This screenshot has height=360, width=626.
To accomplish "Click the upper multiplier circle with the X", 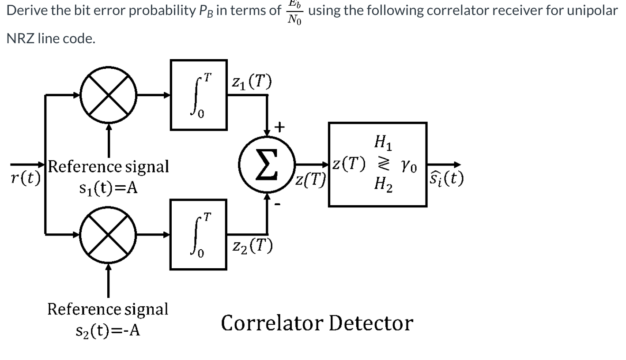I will click(x=109, y=95).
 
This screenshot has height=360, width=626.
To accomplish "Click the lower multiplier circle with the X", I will click(x=109, y=234).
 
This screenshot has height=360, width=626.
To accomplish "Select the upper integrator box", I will click(x=199, y=95).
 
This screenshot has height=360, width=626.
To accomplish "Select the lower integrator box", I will click(x=199, y=234).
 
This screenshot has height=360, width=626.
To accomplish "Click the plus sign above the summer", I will click(x=279, y=127).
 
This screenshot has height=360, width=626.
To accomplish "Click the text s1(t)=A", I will click(x=108, y=188).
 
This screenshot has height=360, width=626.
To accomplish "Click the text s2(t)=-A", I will click(x=108, y=330).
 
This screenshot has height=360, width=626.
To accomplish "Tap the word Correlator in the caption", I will click(x=272, y=323).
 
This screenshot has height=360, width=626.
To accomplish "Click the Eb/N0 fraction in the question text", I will click(x=294, y=12).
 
